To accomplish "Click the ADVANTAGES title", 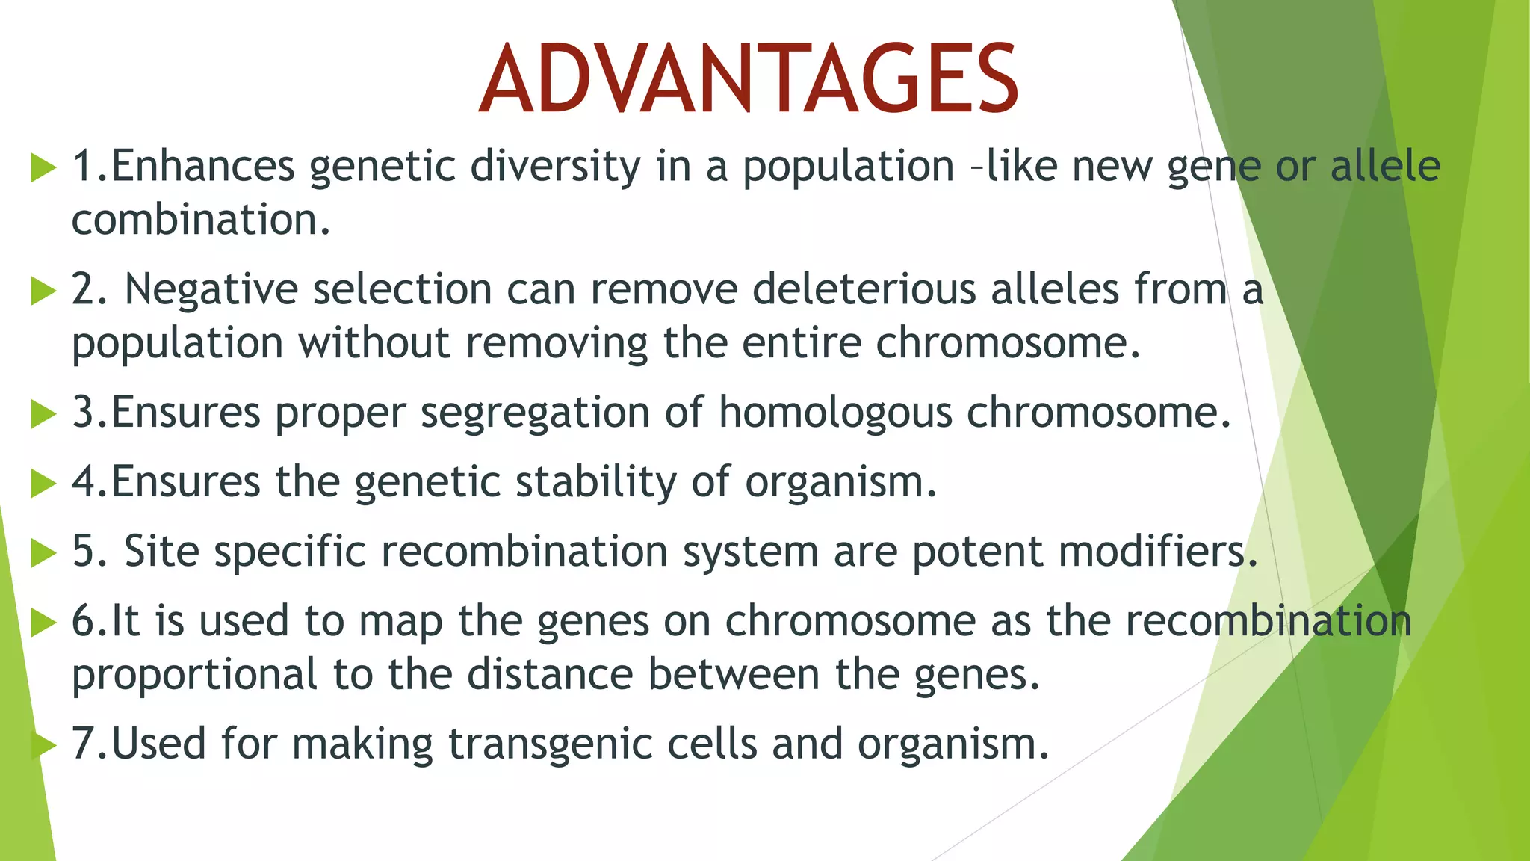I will click(x=749, y=79).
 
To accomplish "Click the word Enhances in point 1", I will click(x=202, y=166).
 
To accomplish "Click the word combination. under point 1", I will click(x=200, y=220).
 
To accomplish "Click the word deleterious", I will click(x=864, y=289).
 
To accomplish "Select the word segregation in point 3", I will click(x=535, y=413).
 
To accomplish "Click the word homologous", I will click(x=835, y=413).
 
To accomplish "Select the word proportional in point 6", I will click(x=194, y=675).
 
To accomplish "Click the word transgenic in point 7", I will click(x=550, y=744).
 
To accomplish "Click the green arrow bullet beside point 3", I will click(x=43, y=414).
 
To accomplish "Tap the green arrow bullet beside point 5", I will click(x=43, y=553).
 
